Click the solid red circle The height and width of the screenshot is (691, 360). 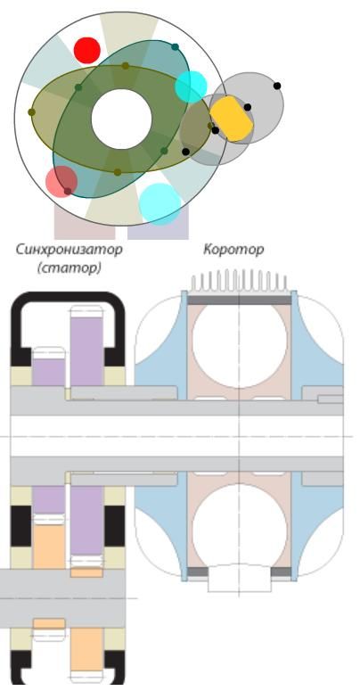pos(86,50)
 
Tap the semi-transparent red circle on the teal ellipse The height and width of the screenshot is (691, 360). pos(61,182)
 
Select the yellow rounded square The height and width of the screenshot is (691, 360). pos(231,119)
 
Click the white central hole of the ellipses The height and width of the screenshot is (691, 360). pos(121,119)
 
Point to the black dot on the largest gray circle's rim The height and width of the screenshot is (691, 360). pos(277,86)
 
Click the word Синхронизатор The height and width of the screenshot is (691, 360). pos(69,250)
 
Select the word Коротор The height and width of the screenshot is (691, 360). pos(233,250)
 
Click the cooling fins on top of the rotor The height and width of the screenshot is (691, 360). pos(240,281)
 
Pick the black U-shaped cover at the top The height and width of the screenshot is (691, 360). pos(68,298)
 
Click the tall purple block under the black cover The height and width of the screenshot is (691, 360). pos(86,351)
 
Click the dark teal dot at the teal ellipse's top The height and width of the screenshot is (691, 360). pos(175,47)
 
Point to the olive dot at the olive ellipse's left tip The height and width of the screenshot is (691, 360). pos(32,112)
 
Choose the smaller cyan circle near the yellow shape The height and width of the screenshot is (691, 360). pos(191,86)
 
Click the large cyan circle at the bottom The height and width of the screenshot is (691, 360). pos(160,204)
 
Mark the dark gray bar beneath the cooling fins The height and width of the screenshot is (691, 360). pos(240,300)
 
